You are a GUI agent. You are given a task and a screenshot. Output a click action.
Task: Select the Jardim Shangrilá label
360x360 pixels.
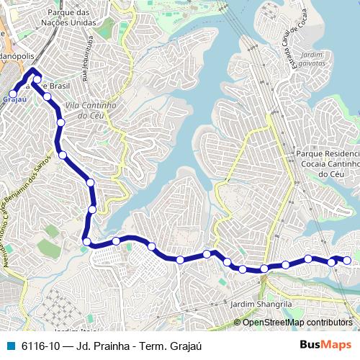[x=262, y=304]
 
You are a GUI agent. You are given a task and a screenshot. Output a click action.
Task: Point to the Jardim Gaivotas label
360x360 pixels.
[x=312, y=59]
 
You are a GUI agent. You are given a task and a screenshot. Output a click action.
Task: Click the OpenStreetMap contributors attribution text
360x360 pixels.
[x=297, y=323]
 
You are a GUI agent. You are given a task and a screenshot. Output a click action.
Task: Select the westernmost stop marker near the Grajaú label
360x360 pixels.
[x=12, y=94]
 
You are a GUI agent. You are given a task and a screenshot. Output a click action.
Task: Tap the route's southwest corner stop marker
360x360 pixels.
[x=86, y=241]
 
